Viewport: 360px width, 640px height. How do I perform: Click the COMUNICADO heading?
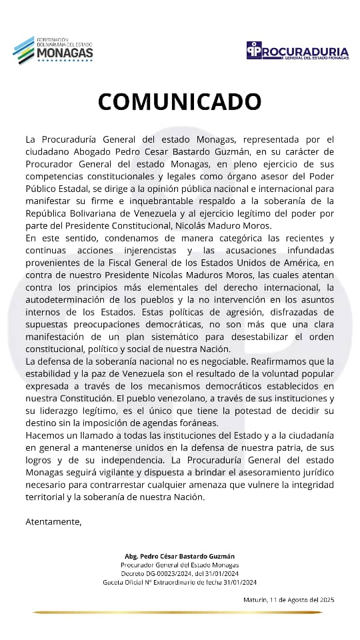click(x=179, y=101)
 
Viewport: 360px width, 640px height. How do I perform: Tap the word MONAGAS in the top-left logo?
click(x=64, y=52)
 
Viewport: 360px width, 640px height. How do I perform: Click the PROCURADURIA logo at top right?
click(x=297, y=51)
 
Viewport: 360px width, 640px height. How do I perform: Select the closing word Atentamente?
click(x=53, y=522)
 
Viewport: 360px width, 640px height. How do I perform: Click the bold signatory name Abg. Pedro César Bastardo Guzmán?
click(x=179, y=556)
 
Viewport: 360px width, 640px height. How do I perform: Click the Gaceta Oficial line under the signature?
click(x=179, y=582)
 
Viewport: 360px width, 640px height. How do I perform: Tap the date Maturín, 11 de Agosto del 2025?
click(x=289, y=600)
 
